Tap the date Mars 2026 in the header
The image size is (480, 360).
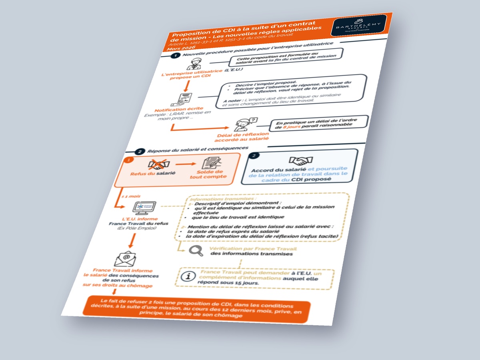pyautogui.click(x=182, y=48)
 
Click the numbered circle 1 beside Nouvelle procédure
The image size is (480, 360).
pyautogui.click(x=174, y=56)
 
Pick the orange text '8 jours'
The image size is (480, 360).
pyautogui.click(x=290, y=126)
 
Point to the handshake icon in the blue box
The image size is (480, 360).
pyautogui.click(x=301, y=161)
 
